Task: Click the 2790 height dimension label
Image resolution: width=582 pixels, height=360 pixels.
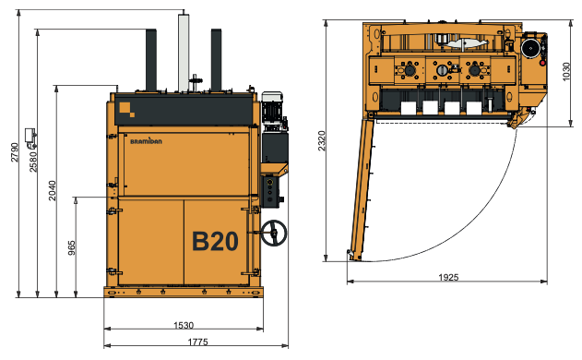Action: (x=14, y=153)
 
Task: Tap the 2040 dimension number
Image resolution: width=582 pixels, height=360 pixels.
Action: (x=52, y=190)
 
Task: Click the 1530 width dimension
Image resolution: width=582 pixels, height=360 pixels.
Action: (x=183, y=325)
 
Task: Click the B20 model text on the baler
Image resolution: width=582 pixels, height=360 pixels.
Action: (x=215, y=242)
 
